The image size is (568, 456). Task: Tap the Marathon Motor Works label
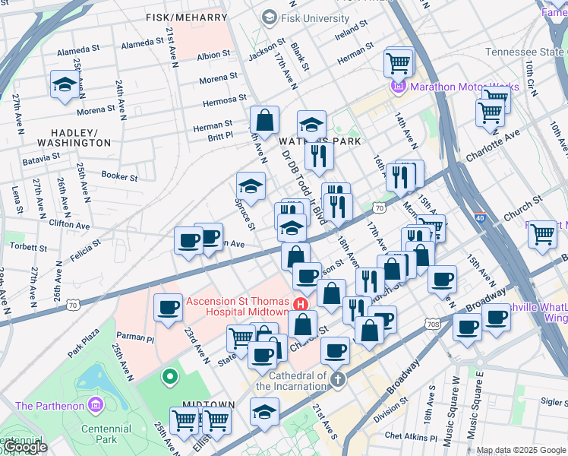point(465,87)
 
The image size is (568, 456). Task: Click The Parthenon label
point(50,406)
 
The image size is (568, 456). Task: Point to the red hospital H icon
point(301,302)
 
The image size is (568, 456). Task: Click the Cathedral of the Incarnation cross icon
point(338,378)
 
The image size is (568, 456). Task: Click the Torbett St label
point(29,248)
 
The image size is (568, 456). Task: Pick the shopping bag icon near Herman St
point(265,120)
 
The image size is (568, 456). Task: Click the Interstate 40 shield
point(480,217)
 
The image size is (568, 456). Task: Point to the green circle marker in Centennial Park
point(170,375)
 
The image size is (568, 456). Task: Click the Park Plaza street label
point(84,343)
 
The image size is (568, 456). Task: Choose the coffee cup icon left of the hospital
point(168,309)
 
